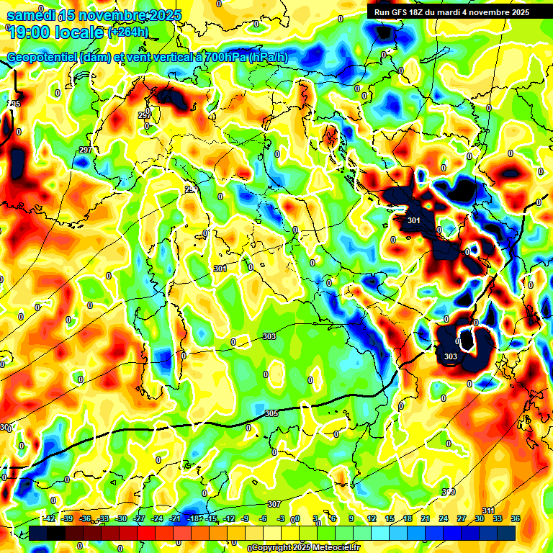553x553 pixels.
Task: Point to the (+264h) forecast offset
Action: click(x=129, y=32)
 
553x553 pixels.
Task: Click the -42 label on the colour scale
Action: click(x=50, y=518)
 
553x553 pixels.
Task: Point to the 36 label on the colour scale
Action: click(x=515, y=518)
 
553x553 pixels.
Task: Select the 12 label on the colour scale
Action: click(x=371, y=518)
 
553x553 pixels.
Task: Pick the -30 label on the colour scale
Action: click(x=121, y=518)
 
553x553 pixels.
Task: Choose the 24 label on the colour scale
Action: click(x=443, y=518)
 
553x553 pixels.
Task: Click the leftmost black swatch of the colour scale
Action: click(x=37, y=533)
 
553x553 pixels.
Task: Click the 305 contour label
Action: click(x=271, y=413)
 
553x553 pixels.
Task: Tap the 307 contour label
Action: click(x=274, y=504)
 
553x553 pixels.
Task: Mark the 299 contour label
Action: click(x=192, y=189)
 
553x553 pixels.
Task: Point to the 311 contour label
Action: click(x=488, y=511)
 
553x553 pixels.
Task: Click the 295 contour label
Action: click(x=14, y=104)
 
